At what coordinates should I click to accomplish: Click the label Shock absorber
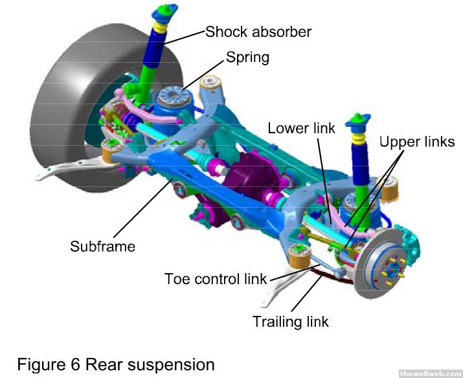258,32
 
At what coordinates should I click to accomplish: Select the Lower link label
302,128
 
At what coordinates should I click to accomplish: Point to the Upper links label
417,142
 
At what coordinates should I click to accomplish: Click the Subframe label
102,246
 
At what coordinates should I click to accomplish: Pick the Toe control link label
216,279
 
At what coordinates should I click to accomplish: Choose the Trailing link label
291,321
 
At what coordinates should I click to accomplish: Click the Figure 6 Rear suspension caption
115,364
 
